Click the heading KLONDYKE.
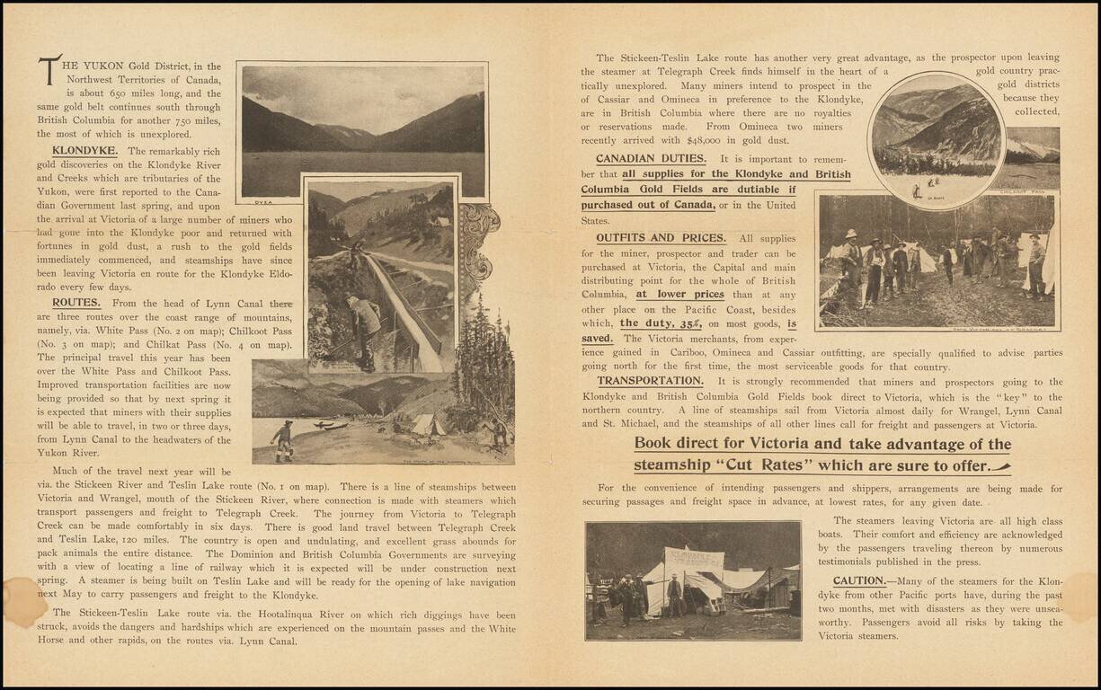tap(84, 151)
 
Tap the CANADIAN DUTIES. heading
tap(651, 159)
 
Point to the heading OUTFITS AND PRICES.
tap(661, 238)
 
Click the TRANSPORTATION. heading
tap(650, 381)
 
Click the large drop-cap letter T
tap(49, 69)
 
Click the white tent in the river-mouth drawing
tap(429, 425)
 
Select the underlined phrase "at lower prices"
tap(667, 294)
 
